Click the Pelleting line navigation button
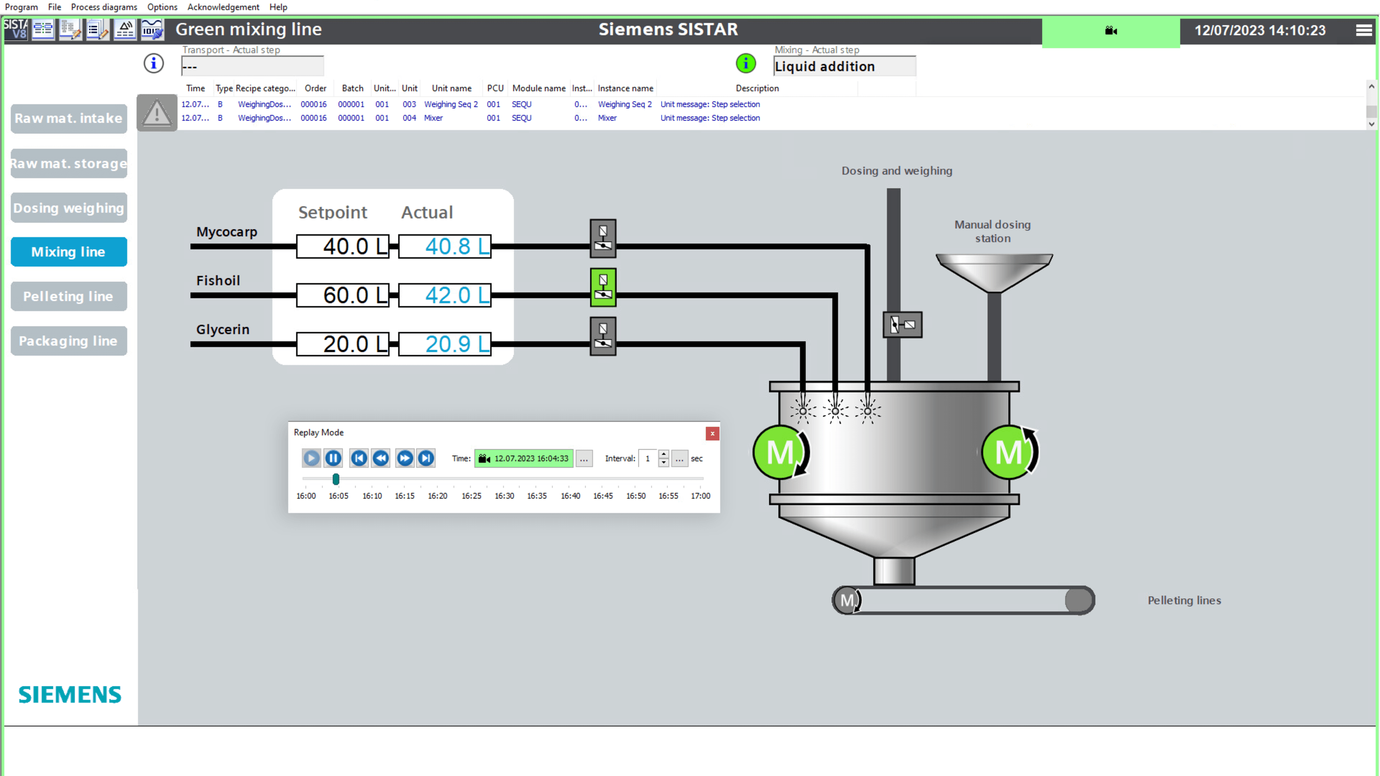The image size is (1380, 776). (x=69, y=296)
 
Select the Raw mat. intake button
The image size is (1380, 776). (x=69, y=118)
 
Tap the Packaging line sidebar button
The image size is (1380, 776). (x=69, y=341)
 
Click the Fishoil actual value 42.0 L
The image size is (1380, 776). (x=445, y=295)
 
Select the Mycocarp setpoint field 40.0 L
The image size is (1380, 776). (x=343, y=246)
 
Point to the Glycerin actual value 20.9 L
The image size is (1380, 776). (x=445, y=344)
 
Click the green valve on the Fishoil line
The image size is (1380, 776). (x=603, y=288)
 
